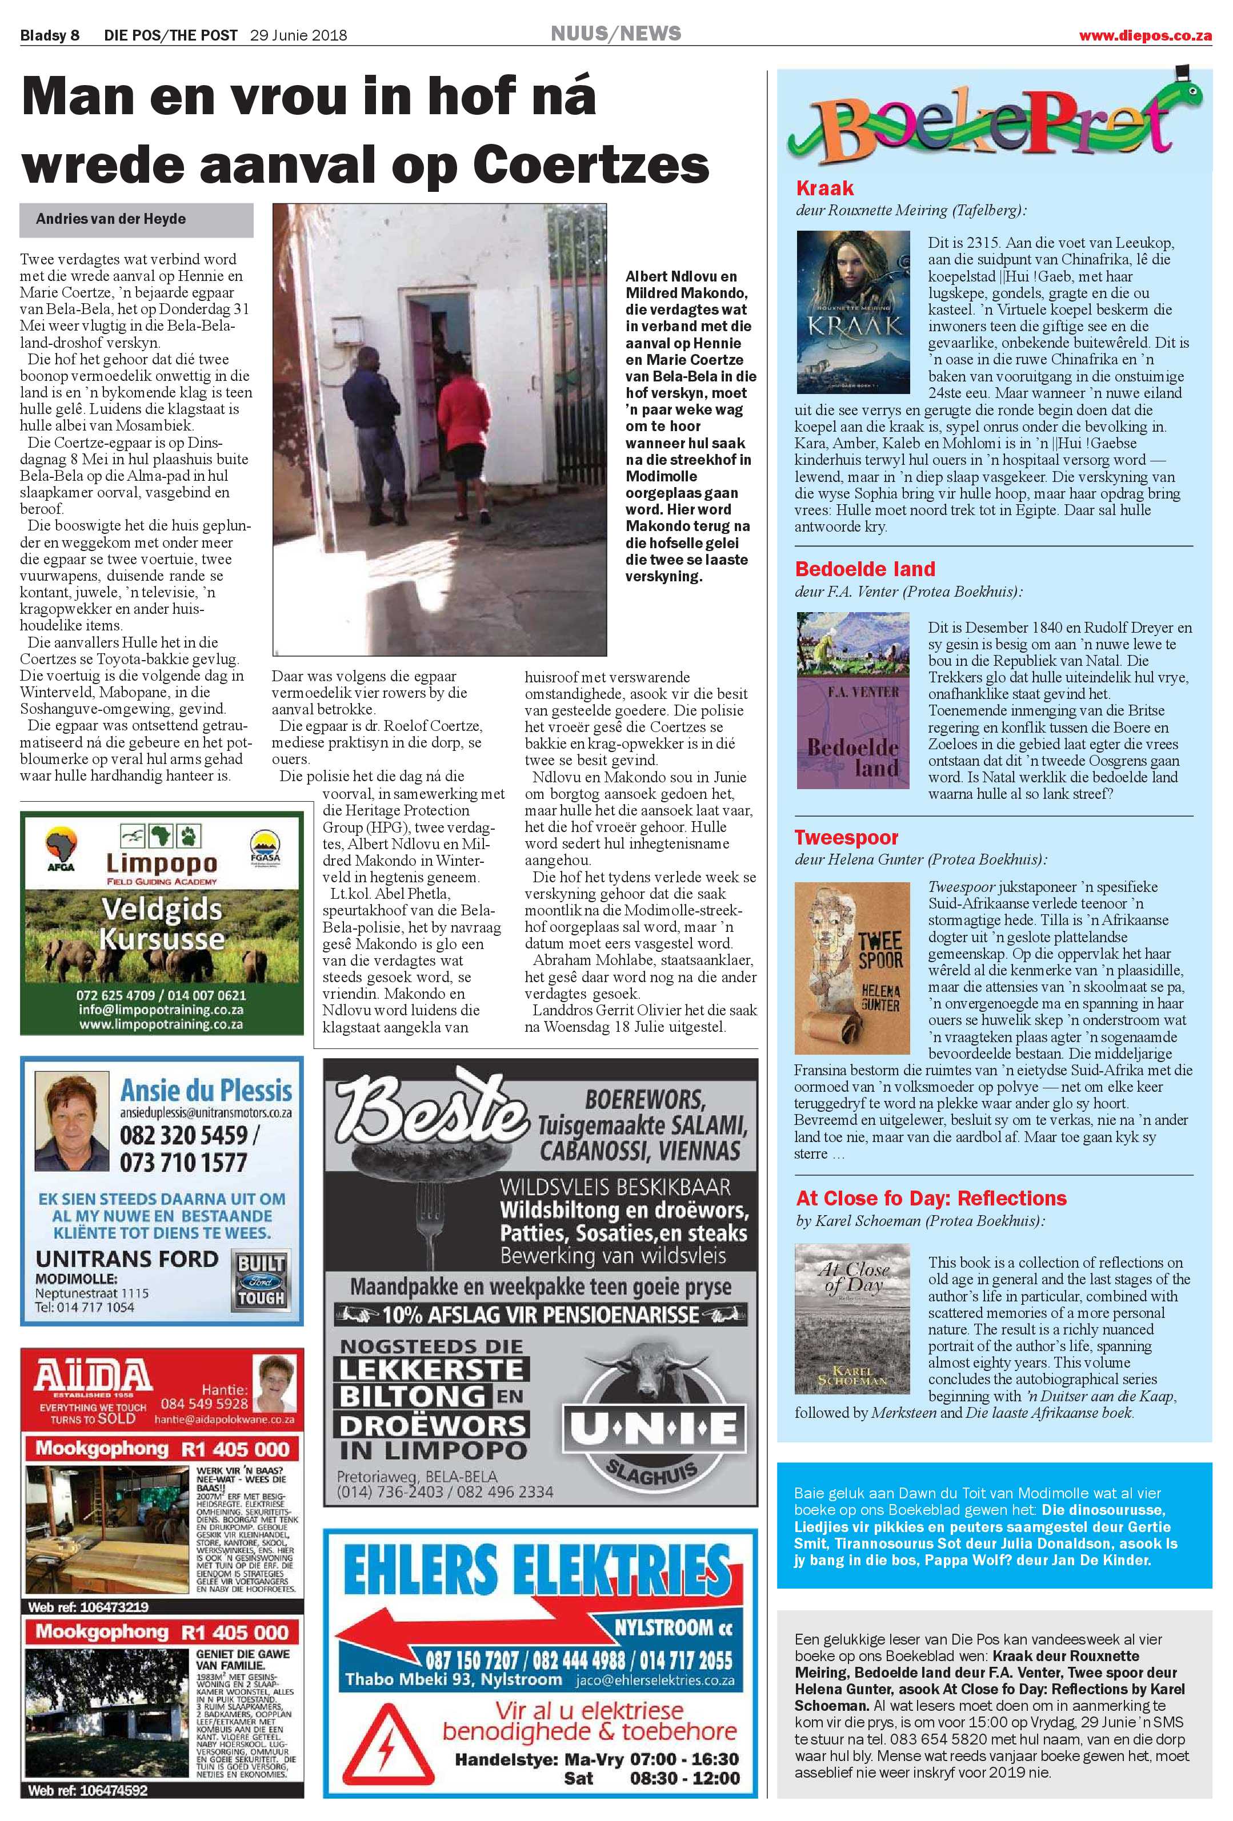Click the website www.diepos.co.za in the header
[1144, 35]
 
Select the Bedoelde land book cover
[853, 701]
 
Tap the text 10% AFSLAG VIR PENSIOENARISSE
[541, 1313]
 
